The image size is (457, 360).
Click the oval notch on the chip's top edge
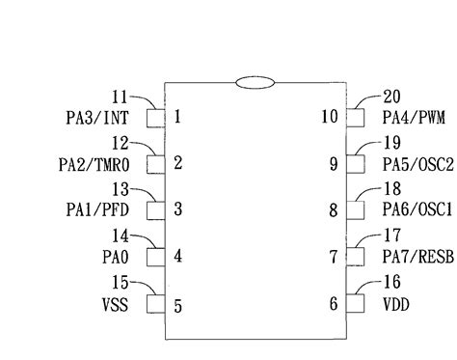(x=255, y=83)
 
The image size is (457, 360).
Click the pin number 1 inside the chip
(x=178, y=118)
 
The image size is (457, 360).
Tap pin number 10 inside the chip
(x=329, y=118)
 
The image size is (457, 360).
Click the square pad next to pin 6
(x=355, y=304)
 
